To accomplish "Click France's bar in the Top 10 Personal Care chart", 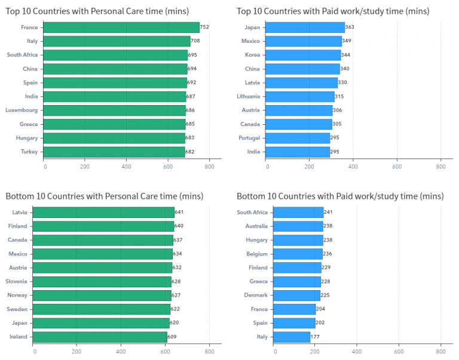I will click(x=122, y=27).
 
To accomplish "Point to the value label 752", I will click(x=204, y=27).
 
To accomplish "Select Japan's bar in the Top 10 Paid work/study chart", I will click(x=305, y=27).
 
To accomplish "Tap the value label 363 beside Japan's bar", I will click(x=350, y=27).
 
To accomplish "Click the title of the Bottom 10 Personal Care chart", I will click(x=105, y=196).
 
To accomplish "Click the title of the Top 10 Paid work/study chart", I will click(x=333, y=11).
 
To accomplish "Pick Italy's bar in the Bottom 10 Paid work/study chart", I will click(x=292, y=337).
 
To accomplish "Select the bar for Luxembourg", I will click(x=115, y=110).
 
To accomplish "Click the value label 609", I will click(x=173, y=337).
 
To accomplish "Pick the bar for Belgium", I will click(x=298, y=254).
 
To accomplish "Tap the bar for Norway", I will click(x=102, y=295).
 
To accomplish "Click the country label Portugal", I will click(x=249, y=138).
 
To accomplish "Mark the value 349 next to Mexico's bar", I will click(x=347, y=41).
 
